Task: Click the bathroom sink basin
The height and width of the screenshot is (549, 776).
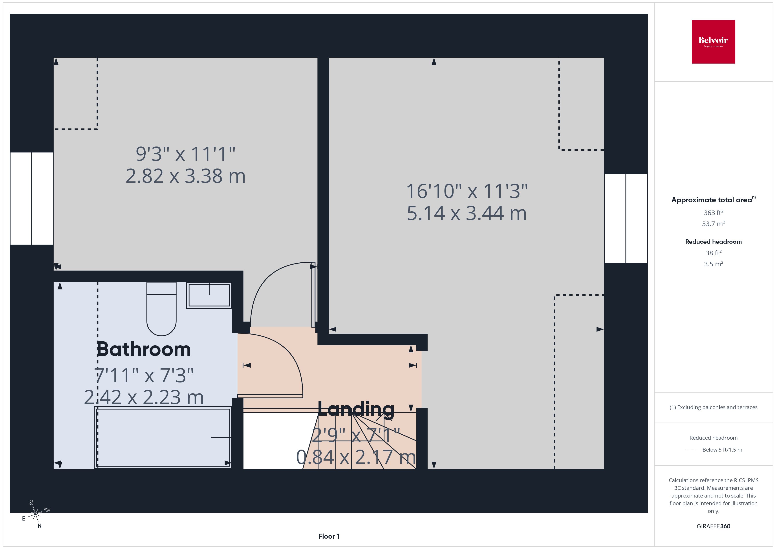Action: [x=209, y=295]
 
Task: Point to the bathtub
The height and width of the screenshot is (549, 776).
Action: [x=163, y=437]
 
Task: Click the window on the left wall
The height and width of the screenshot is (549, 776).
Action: [x=32, y=198]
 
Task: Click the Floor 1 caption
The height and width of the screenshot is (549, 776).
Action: [x=329, y=536]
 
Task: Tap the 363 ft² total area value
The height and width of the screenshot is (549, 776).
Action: [x=714, y=213]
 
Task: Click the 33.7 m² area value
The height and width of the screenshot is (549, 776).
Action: [x=714, y=224]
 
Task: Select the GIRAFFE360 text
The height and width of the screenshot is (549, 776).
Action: [x=714, y=526]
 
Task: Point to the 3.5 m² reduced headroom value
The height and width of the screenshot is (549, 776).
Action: [x=714, y=264]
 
